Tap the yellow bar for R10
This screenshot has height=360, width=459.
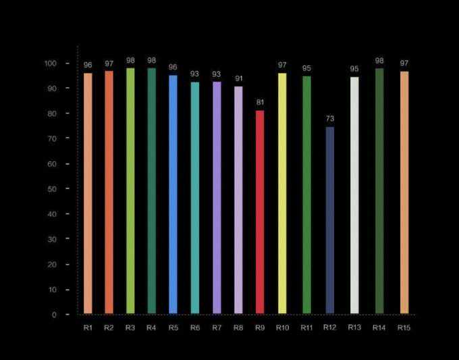[x=282, y=193]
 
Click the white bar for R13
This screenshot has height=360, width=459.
[x=354, y=195]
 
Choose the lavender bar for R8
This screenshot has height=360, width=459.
[x=238, y=200]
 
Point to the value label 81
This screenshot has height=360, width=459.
[x=260, y=103]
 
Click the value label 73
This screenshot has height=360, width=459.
[x=329, y=119]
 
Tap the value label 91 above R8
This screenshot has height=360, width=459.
[x=238, y=79]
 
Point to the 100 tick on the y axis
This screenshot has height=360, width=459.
[x=52, y=63]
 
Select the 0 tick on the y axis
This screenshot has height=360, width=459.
[x=54, y=315]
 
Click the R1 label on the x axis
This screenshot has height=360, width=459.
[x=88, y=328]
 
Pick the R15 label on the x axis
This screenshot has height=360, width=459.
[x=404, y=328]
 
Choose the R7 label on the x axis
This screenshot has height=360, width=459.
[x=217, y=328]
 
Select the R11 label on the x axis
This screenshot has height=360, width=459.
[x=307, y=328]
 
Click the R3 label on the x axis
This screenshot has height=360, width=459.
[x=130, y=328]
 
